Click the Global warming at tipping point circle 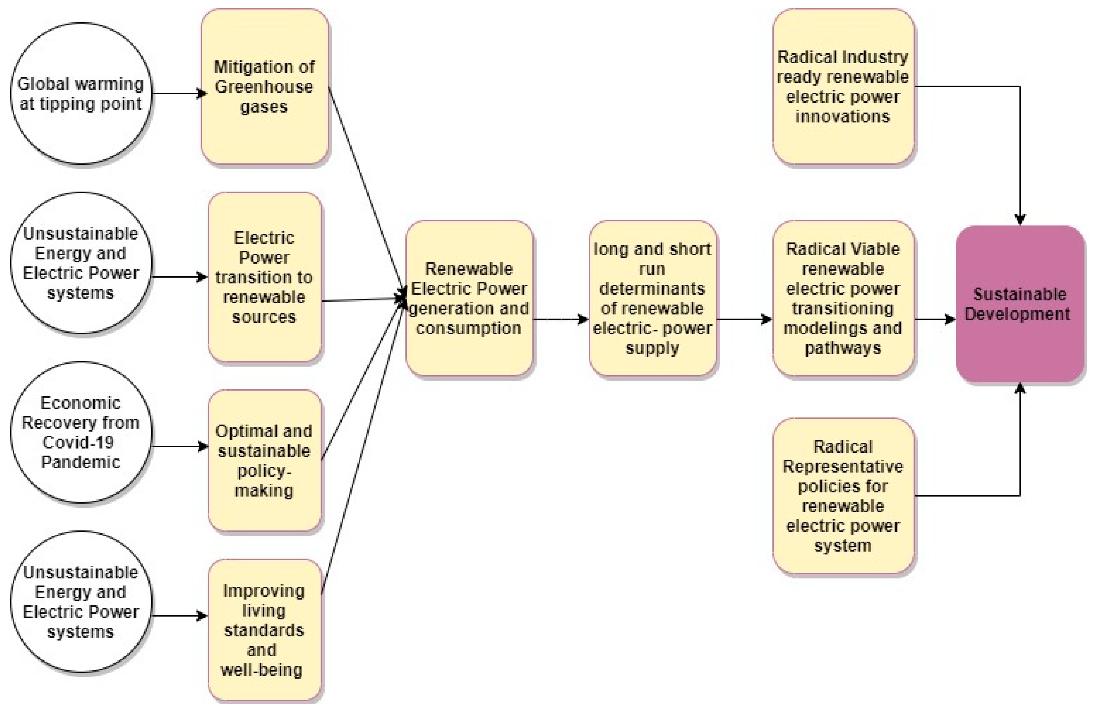click(x=81, y=93)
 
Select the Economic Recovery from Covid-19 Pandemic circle click(x=81, y=432)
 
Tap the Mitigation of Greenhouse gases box click(x=264, y=87)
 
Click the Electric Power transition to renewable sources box click(x=264, y=277)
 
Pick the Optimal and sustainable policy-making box click(x=264, y=460)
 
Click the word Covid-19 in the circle click(x=78, y=442)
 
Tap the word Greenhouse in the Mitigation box click(x=264, y=87)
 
